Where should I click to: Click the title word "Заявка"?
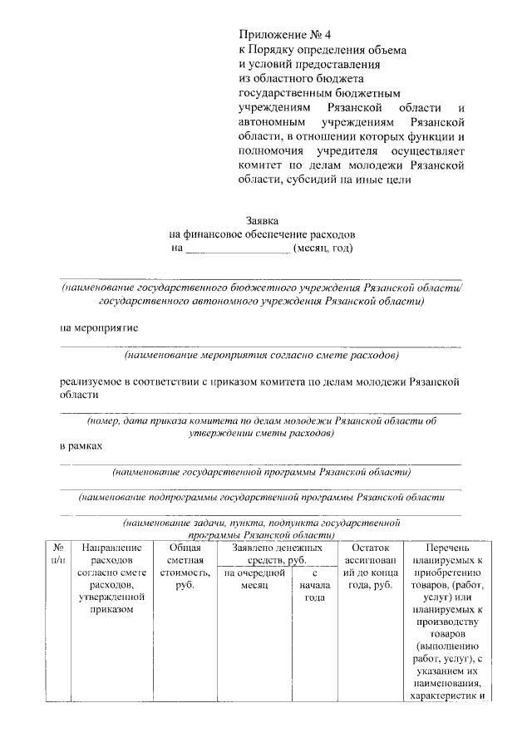click(x=262, y=221)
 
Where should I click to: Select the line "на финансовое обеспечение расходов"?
click(x=262, y=234)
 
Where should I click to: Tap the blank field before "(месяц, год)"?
click(x=236, y=248)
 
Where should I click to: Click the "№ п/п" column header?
click(x=59, y=555)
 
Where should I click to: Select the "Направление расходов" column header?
click(x=108, y=579)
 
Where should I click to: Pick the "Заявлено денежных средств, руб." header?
click(x=277, y=554)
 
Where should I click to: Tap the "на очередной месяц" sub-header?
click(x=254, y=579)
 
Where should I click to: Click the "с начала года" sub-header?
click(x=313, y=585)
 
